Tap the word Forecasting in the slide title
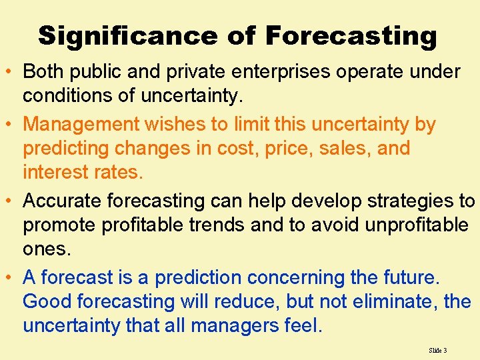click(x=351, y=36)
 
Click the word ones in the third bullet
click(x=45, y=249)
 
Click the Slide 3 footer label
click(x=438, y=349)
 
